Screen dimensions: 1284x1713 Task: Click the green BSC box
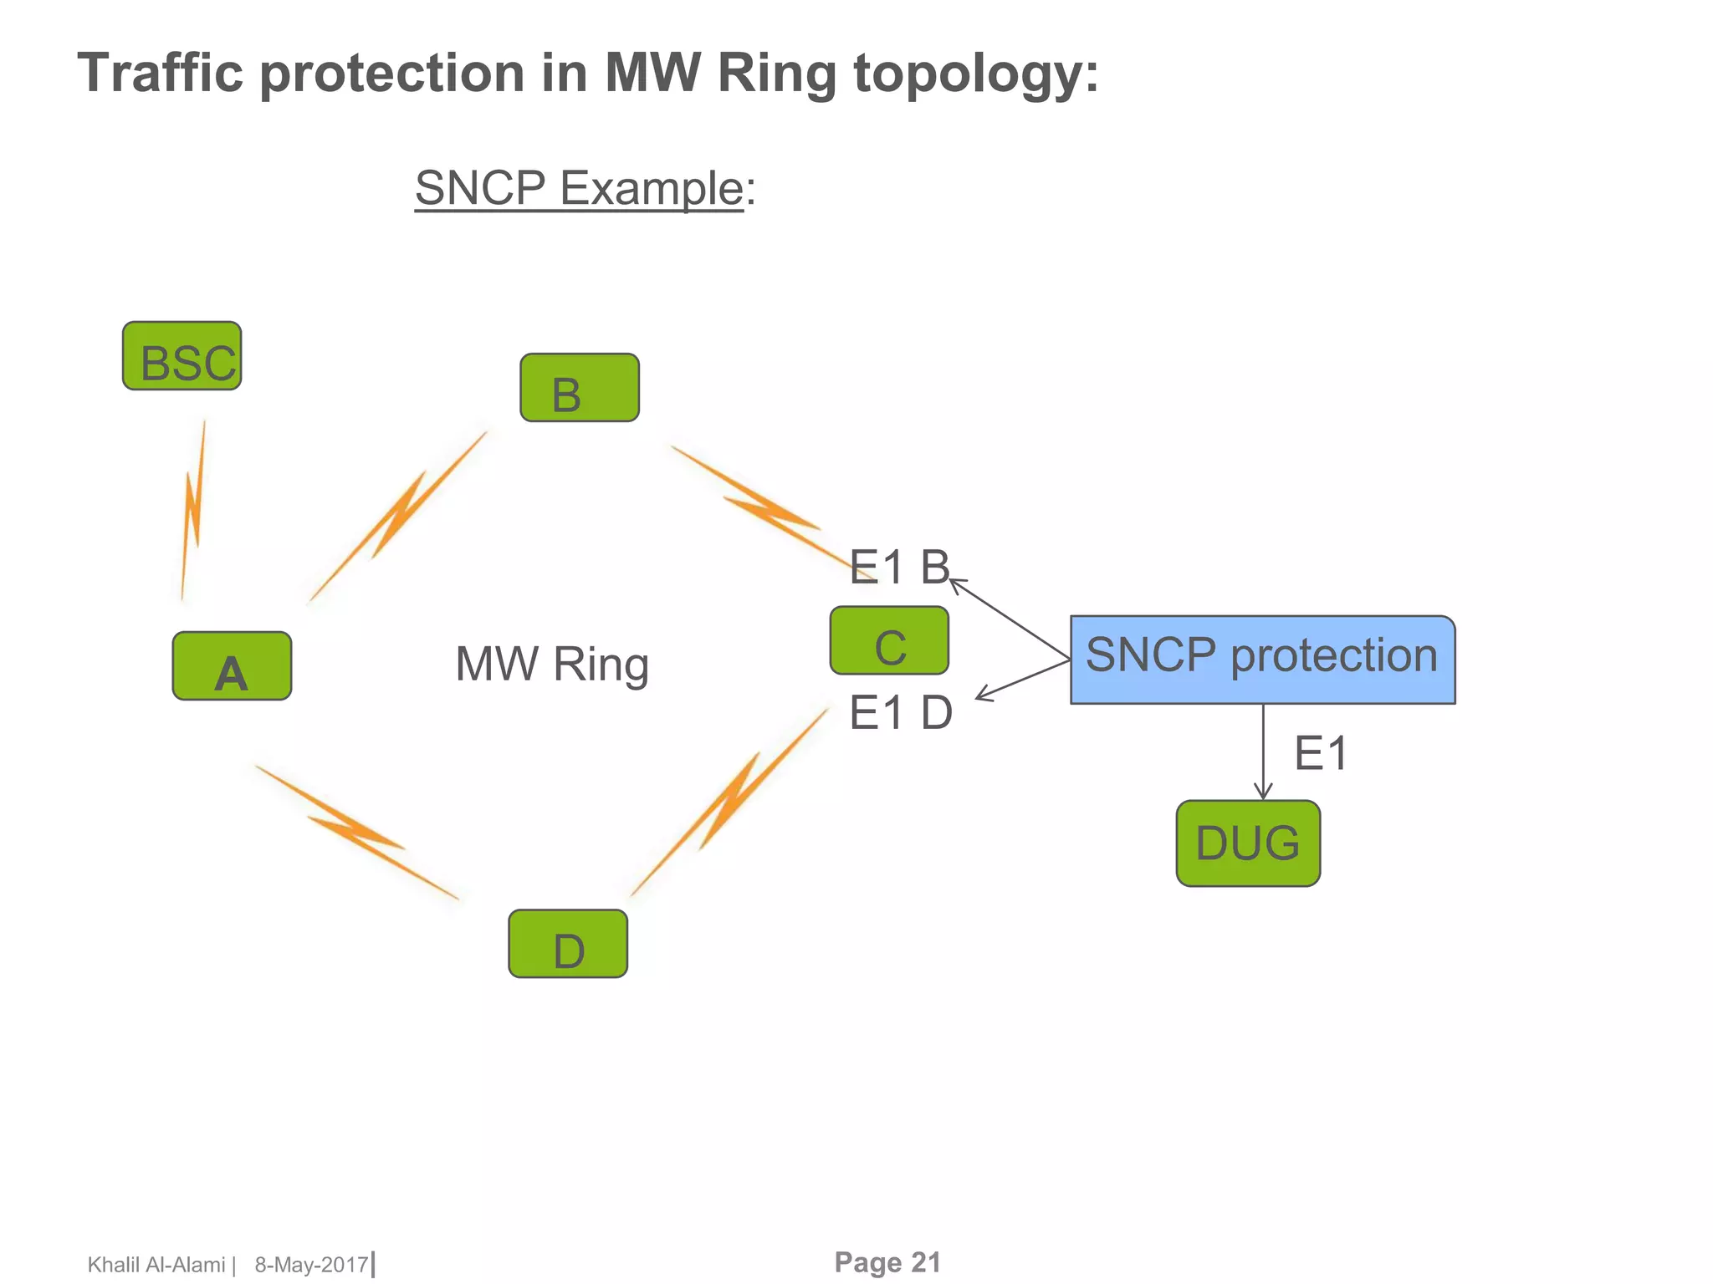182,356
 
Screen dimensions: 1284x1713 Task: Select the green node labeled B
579,388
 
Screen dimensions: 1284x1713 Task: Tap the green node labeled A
232,666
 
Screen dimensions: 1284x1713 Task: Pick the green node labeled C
889,641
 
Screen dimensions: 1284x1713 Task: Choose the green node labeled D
568,944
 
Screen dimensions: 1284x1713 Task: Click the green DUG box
1248,843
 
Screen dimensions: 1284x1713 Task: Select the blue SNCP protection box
1262,660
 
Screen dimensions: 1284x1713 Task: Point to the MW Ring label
552,665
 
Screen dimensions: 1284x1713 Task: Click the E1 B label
899,568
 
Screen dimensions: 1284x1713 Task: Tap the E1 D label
901,713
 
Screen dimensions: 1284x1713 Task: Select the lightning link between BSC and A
193,510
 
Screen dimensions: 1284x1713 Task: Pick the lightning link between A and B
398,516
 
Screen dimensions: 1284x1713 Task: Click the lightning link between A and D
357,833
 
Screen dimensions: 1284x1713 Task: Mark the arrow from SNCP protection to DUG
1263,752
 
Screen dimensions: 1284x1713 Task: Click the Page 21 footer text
887,1262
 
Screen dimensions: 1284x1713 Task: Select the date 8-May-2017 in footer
311,1265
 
